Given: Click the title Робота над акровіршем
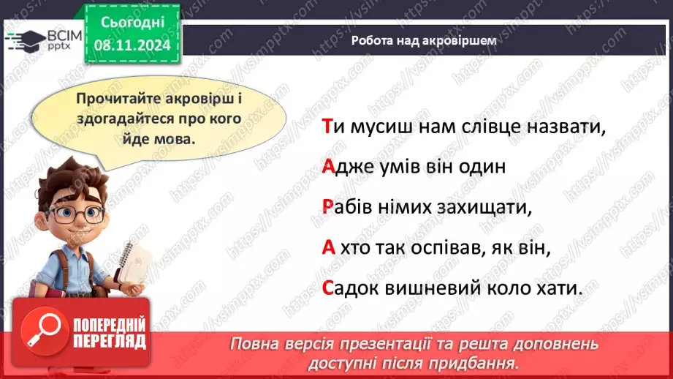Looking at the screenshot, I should pyautogui.click(x=424, y=41).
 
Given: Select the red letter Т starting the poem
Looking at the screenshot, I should pyautogui.click(x=327, y=127).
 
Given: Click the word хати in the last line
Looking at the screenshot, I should pyautogui.click(x=559, y=288).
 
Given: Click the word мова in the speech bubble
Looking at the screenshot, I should pyautogui.click(x=176, y=136).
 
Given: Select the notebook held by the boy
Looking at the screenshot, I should pyautogui.click(x=134, y=263).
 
